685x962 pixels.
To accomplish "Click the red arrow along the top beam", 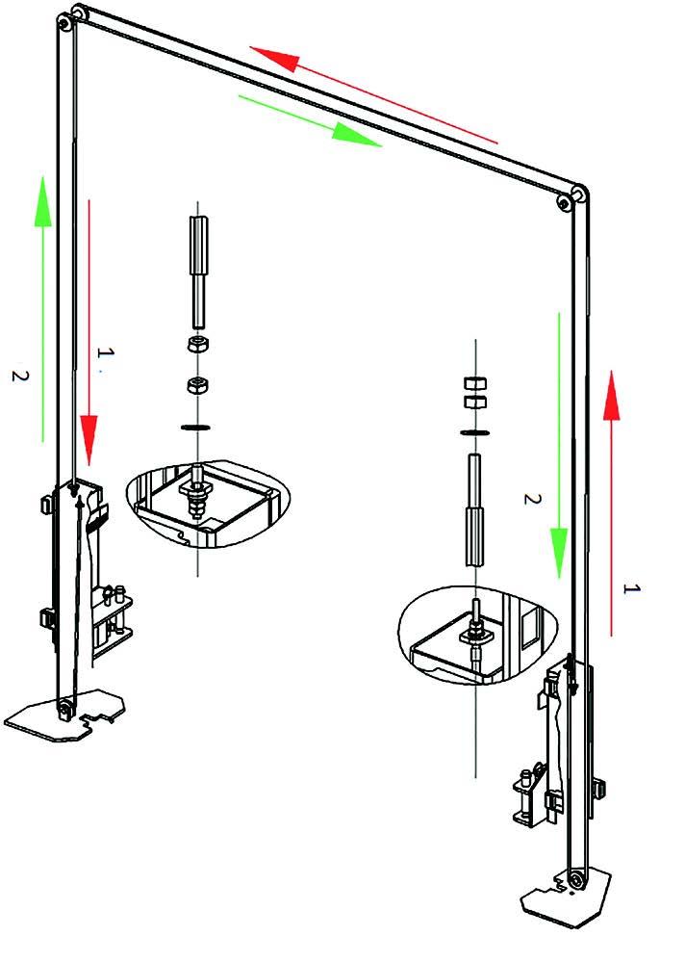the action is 373,94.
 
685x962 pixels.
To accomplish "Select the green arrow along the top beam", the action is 310,121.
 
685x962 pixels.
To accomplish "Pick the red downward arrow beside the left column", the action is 89,332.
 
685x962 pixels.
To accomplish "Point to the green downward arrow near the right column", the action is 559,446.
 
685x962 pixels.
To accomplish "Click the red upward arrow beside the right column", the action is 611,503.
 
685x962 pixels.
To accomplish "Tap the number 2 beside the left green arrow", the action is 20,376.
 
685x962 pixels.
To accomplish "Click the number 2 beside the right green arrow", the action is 532,498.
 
